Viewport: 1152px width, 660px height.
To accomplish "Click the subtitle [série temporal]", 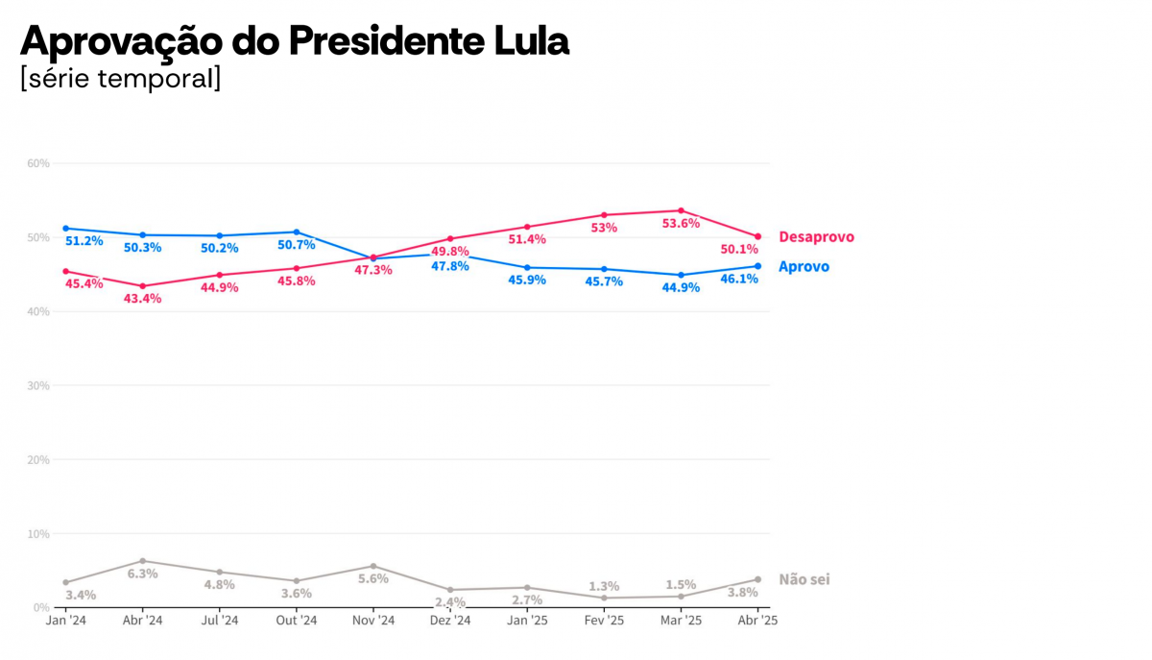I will (x=120, y=79).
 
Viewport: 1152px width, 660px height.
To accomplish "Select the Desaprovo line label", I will (x=816, y=237).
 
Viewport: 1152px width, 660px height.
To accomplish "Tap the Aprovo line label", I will (x=804, y=267).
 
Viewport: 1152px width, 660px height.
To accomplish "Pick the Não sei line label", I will (x=804, y=579).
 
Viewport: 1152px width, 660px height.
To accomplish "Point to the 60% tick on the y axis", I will (x=37, y=163).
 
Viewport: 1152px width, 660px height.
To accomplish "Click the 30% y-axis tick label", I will (x=37, y=385).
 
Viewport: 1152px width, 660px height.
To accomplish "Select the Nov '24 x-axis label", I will (x=373, y=621).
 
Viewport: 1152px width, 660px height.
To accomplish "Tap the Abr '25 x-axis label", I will (x=757, y=621).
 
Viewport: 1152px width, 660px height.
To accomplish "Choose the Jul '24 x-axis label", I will (x=220, y=621).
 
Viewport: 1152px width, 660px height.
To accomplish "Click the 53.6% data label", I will (x=681, y=224).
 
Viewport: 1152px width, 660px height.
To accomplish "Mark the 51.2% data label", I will (x=84, y=241).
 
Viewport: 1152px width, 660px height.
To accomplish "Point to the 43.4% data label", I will (x=142, y=299).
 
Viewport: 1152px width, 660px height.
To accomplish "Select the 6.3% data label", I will (x=142, y=574).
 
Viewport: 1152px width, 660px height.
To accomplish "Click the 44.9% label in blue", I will (x=681, y=287).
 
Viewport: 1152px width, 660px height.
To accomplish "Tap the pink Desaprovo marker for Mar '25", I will (x=681, y=210).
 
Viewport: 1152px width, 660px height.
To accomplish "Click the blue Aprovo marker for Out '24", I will (x=297, y=232).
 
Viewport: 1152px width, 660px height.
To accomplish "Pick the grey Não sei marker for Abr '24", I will (x=143, y=561).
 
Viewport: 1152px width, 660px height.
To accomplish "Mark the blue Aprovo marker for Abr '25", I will (x=757, y=266).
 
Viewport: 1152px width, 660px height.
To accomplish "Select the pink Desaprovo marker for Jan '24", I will (x=65, y=271).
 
